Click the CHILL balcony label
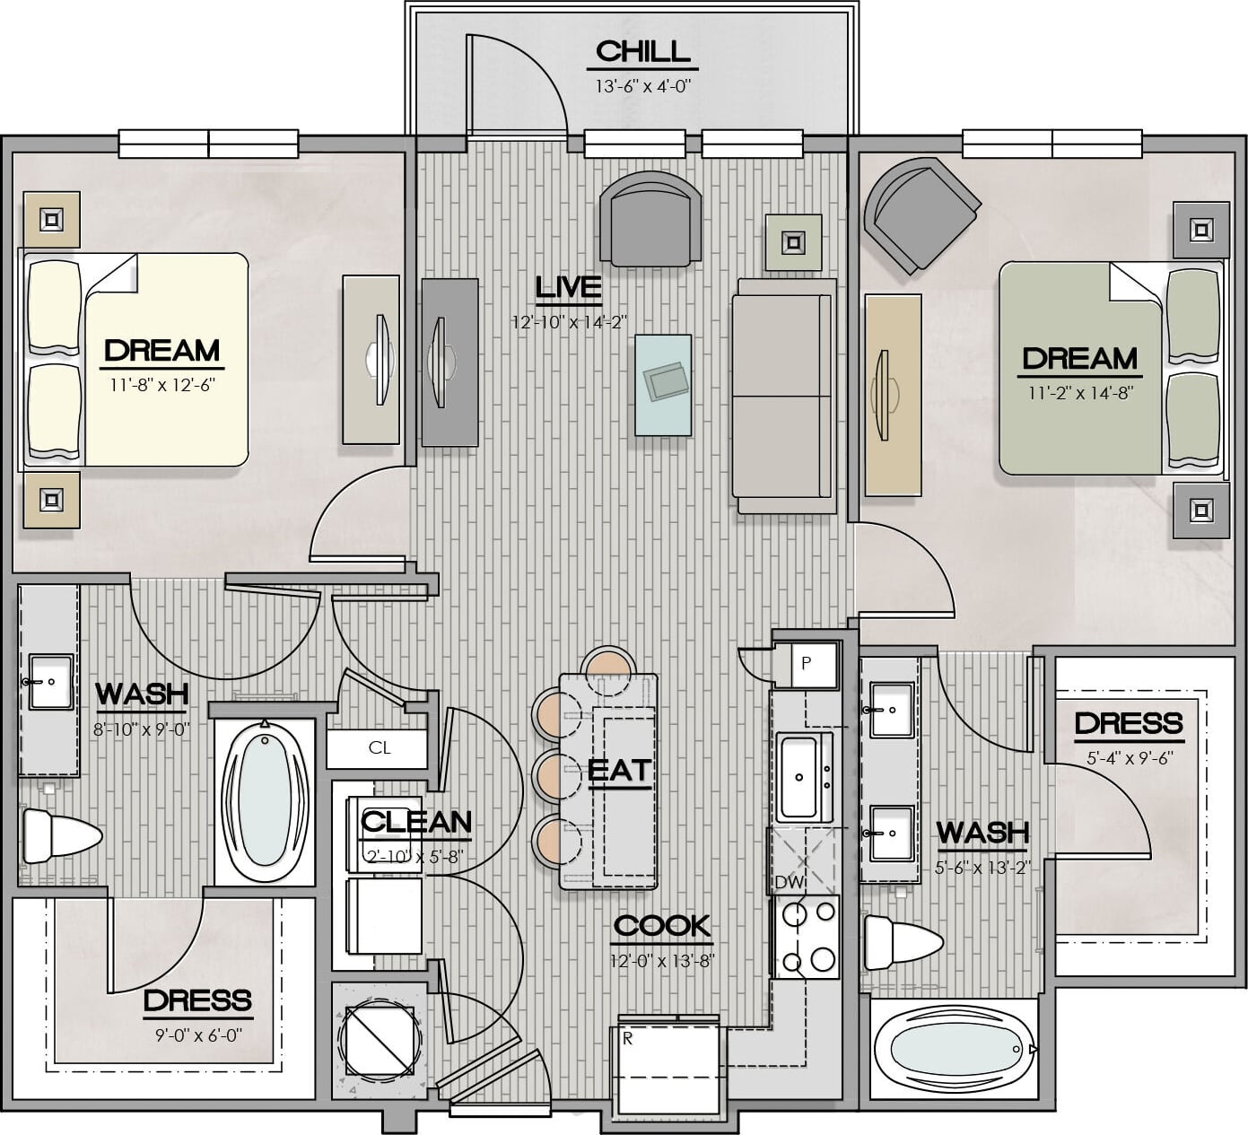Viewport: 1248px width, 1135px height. [642, 52]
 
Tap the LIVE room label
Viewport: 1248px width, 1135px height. [568, 287]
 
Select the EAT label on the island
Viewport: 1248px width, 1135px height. [620, 771]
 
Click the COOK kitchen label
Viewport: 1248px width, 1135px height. [662, 926]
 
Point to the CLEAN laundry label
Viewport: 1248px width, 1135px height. [416, 821]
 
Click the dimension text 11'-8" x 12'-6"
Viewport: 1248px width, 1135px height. [162, 385]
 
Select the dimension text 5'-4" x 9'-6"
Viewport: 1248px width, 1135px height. [1130, 758]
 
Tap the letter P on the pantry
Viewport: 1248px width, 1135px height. [807, 663]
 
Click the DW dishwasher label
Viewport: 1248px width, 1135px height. [790, 882]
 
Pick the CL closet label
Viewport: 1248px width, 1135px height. [380, 747]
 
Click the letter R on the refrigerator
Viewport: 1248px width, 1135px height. [628, 1039]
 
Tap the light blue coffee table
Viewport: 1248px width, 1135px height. [663, 385]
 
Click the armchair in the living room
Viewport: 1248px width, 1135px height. [650, 219]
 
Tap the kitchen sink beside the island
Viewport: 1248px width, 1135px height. [804, 777]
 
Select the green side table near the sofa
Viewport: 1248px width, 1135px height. [794, 242]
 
